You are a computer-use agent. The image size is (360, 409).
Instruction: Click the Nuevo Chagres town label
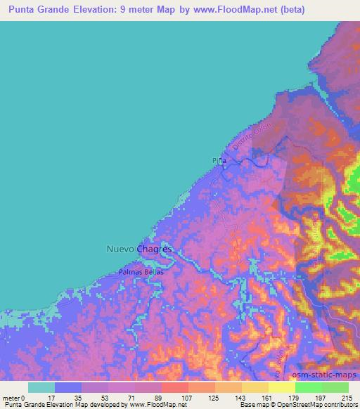coord(139,248)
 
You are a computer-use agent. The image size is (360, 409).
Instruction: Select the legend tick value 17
coord(55,397)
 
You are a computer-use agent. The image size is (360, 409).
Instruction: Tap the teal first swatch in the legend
coord(41,387)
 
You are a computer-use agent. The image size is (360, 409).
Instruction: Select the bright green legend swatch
coord(309,387)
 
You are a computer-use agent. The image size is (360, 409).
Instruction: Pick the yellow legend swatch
coord(282,387)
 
